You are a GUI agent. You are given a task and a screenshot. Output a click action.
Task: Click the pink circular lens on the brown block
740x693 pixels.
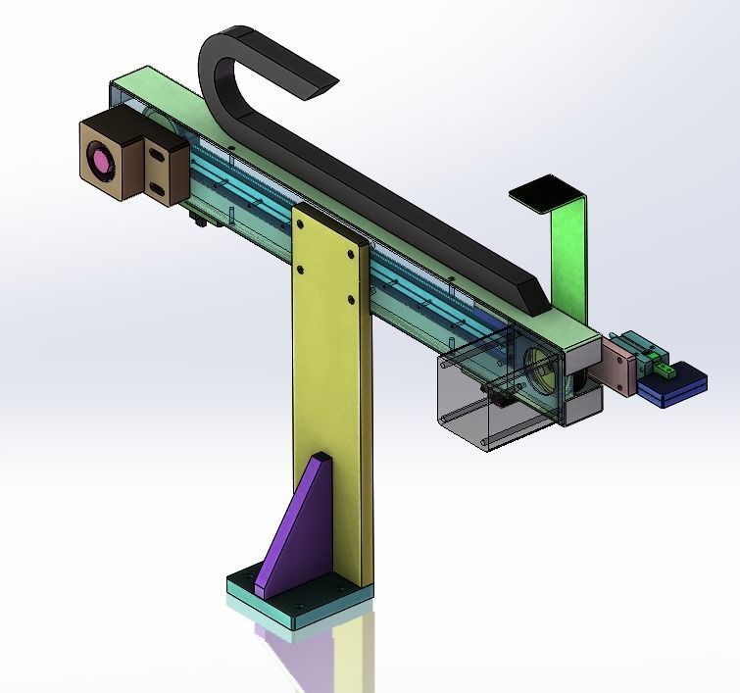point(100,160)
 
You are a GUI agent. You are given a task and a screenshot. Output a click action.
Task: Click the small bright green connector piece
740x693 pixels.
point(663,371)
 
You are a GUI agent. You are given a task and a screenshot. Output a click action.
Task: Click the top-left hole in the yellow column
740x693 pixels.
point(300,223)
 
